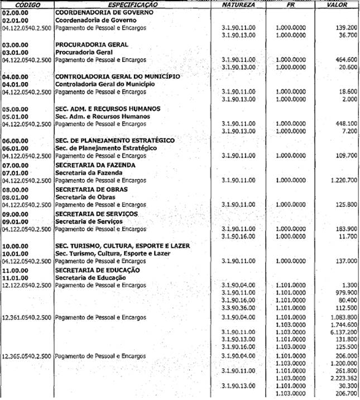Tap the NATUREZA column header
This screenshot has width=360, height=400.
click(238, 4)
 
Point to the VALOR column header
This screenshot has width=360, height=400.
click(339, 4)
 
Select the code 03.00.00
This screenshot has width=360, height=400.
click(13, 44)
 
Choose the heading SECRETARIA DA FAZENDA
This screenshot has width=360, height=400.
click(95, 165)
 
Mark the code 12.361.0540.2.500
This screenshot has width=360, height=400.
click(27, 317)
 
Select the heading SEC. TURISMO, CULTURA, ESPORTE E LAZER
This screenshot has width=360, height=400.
click(122, 246)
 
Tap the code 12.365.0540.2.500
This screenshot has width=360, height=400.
click(27, 356)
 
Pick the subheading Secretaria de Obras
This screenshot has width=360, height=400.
click(83, 197)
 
